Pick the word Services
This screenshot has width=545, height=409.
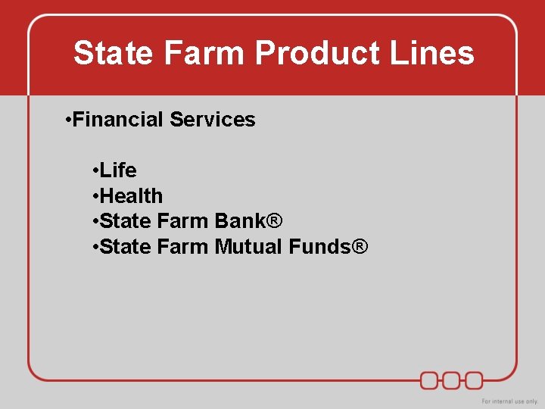coord(213,120)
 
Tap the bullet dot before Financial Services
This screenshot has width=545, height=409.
coord(68,120)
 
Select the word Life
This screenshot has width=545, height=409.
coord(118,170)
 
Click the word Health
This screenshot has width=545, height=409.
coord(131,195)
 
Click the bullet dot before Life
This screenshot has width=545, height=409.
coord(95,170)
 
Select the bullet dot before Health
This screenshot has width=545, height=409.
coord(95,195)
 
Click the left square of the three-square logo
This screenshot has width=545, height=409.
coord(430,379)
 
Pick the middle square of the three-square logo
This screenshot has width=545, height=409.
coord(452,379)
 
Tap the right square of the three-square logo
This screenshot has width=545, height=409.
coord(474,379)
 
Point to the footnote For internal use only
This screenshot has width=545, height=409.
coord(509,401)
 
